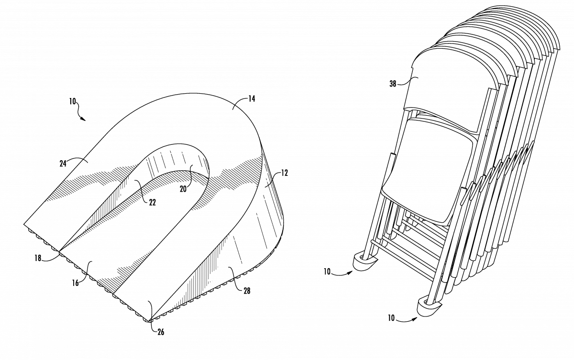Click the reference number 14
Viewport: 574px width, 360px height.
click(x=252, y=99)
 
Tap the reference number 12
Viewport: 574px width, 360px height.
click(x=285, y=173)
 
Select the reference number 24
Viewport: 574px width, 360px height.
click(x=63, y=164)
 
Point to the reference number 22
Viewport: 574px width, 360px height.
click(x=153, y=203)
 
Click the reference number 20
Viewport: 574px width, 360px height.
click(x=183, y=189)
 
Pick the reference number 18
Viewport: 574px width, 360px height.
click(x=38, y=258)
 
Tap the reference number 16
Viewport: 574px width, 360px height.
click(x=76, y=283)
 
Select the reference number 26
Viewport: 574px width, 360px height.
click(x=161, y=332)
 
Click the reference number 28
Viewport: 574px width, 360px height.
click(x=247, y=291)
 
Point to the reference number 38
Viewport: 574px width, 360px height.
click(x=393, y=84)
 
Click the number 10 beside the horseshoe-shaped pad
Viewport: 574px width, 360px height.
click(x=73, y=101)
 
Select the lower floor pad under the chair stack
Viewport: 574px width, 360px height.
click(x=429, y=306)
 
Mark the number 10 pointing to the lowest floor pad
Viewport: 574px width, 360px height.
click(x=391, y=318)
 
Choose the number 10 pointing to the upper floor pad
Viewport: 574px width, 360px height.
click(x=327, y=272)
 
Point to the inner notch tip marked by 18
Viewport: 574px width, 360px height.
click(x=59, y=252)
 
